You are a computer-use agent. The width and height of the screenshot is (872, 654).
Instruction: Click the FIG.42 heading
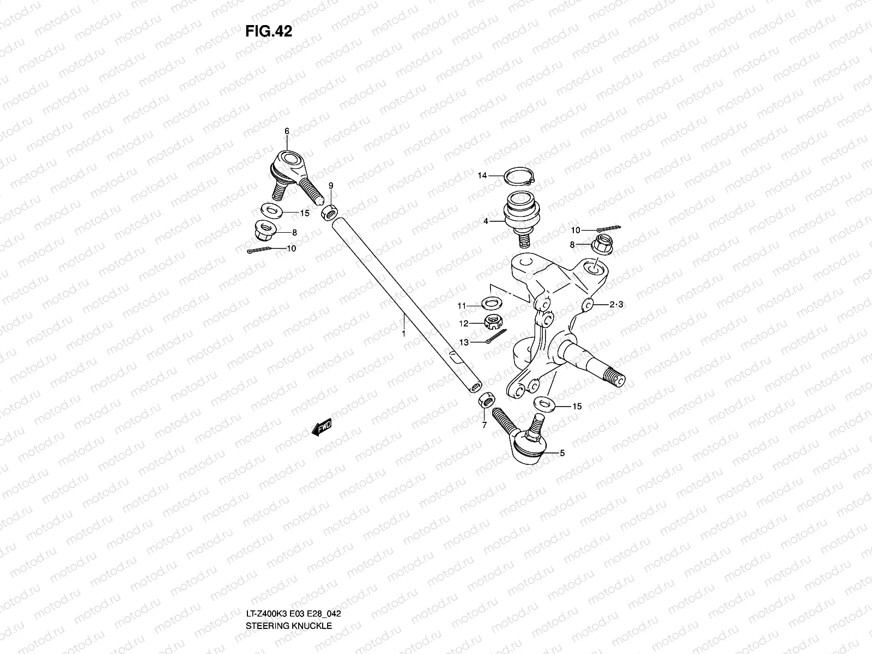[269, 32]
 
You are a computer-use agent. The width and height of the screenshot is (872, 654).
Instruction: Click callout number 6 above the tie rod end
[287, 131]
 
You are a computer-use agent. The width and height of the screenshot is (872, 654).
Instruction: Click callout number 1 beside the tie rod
[403, 332]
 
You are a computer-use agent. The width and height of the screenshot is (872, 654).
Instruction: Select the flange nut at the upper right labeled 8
[602, 245]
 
